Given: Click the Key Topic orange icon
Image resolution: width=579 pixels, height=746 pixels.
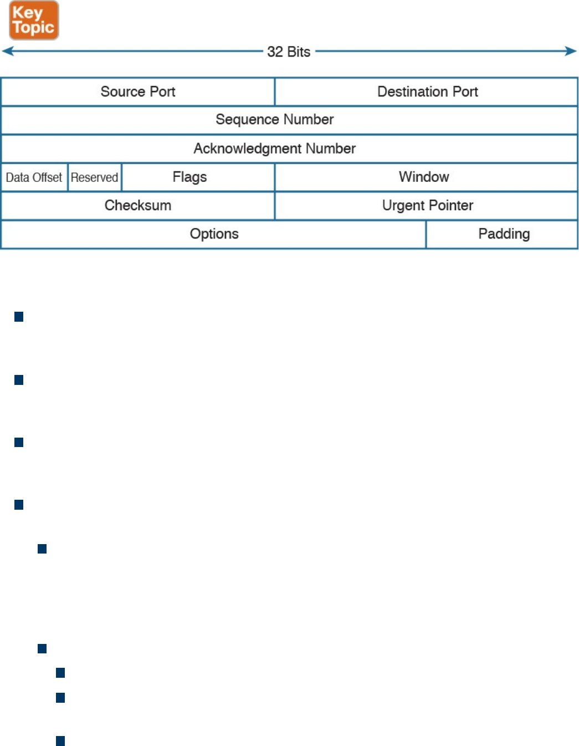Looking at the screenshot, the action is pos(34,20).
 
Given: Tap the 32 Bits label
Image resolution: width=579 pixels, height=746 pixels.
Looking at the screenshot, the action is pos(289,52).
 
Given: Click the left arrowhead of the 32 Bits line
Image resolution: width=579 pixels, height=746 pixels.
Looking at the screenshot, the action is pos(7,52).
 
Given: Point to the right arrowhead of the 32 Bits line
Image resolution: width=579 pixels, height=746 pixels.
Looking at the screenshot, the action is pos(572,52).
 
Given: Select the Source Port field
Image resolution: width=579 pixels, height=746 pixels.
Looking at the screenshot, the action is pos(138,92).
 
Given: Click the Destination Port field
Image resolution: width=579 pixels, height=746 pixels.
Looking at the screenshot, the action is pos(427,92).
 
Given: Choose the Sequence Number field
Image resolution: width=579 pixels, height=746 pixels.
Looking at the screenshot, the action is pos(275,119).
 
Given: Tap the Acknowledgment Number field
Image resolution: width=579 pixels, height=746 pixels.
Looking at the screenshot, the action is pos(275,149).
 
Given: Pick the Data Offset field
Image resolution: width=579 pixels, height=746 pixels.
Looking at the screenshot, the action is pos(34,177).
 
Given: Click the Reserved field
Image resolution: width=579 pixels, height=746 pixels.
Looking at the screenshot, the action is pos(94,177).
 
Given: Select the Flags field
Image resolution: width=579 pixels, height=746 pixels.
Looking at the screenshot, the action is pos(189,177).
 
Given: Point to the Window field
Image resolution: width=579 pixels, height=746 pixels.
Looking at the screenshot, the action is pos(424,177).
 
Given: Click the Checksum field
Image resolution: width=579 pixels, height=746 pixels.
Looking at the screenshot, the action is pos(138,205).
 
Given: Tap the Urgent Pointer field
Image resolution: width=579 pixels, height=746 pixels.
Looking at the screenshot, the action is pos(427,205).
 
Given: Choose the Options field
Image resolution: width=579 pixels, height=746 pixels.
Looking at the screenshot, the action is pos(214,234).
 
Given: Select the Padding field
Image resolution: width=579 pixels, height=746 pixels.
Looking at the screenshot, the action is pos(504,234).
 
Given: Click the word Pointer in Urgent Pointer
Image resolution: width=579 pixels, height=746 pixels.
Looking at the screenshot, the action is pos(451,205).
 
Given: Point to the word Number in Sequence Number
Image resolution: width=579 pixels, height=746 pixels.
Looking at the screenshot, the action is pos(309,119).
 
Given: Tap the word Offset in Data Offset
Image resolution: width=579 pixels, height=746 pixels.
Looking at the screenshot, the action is pos(47,177).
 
